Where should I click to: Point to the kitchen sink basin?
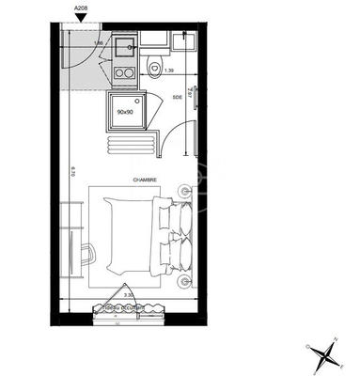click(x=123, y=45)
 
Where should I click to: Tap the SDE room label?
click(x=178, y=96)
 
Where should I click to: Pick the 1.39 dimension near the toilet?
click(x=169, y=71)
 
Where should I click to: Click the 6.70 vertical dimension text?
click(x=71, y=171)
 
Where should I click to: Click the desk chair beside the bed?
click(x=86, y=255)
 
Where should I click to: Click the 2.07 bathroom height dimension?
click(x=191, y=95)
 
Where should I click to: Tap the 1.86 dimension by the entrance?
click(x=98, y=42)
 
